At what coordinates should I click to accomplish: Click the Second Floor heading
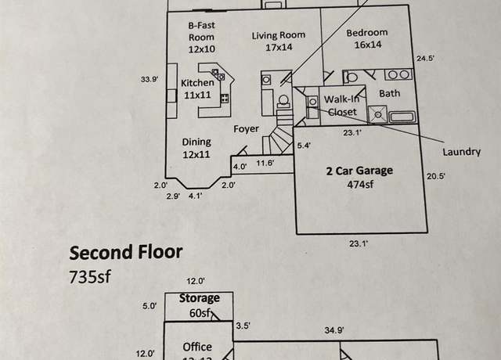(x=126, y=252)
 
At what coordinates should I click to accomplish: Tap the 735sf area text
(x=90, y=276)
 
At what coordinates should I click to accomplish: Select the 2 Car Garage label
(x=359, y=171)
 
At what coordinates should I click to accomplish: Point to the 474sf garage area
(x=360, y=185)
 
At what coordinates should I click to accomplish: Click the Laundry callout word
(x=461, y=152)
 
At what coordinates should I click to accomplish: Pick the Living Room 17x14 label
(x=279, y=41)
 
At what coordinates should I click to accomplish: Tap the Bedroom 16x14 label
(x=367, y=38)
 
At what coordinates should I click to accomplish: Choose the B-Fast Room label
(x=201, y=37)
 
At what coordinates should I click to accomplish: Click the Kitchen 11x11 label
(x=197, y=88)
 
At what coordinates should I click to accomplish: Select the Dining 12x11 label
(x=196, y=148)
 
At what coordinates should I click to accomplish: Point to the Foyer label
(x=246, y=128)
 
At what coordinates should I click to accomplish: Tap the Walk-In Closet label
(x=342, y=106)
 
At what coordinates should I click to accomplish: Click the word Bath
(x=390, y=93)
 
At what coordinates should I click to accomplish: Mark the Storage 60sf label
(x=200, y=305)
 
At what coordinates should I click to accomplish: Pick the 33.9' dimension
(x=150, y=79)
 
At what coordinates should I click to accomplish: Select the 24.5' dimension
(x=425, y=59)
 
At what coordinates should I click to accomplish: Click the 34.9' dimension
(x=334, y=329)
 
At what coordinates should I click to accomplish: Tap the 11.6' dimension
(x=265, y=163)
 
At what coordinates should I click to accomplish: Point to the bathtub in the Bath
(x=402, y=117)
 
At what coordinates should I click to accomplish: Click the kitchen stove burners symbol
(x=225, y=98)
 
